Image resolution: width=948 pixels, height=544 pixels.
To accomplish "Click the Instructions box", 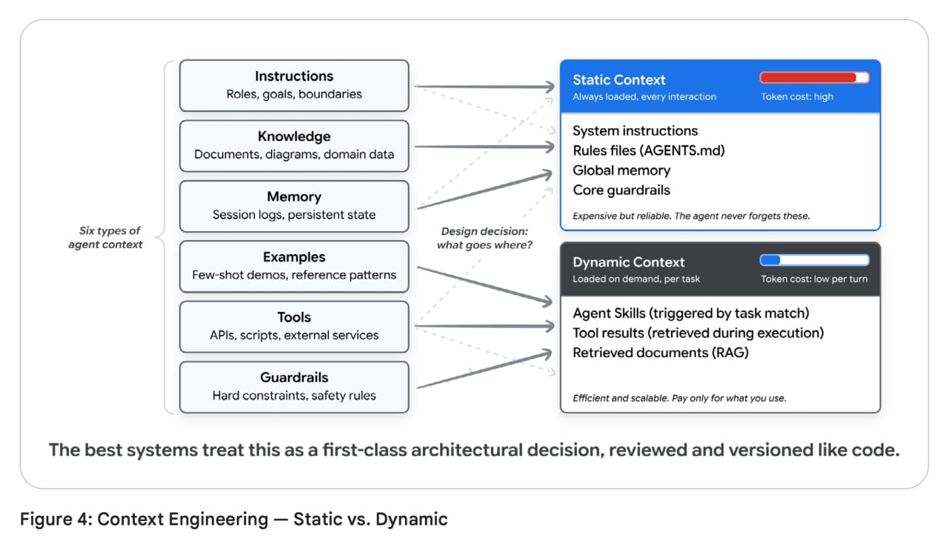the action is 294,85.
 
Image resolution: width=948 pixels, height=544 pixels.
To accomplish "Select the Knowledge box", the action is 294,146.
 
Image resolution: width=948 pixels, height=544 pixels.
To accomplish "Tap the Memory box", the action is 294,206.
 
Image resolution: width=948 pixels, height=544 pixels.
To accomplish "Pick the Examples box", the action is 294,267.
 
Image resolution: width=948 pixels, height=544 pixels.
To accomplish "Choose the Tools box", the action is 294,327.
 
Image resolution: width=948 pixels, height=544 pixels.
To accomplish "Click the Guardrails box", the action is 294,387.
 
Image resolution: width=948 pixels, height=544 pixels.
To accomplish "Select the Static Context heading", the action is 618,79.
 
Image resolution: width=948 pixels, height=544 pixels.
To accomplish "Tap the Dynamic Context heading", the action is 629,262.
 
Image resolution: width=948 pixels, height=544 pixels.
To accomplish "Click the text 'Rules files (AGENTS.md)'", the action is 649,150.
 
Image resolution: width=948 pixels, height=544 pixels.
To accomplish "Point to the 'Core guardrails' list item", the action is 621,190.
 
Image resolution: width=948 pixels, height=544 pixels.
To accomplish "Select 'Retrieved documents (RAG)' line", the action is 661,353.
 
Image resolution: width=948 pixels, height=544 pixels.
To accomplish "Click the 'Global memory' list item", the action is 621,170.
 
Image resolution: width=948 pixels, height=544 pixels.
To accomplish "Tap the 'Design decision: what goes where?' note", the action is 484,238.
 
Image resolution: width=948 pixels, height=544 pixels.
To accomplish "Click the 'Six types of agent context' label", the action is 106,238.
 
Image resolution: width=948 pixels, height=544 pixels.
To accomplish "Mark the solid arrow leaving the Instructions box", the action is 485,87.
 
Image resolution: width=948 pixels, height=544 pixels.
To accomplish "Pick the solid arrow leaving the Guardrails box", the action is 485,370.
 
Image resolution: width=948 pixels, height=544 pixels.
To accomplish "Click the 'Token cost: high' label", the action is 797,96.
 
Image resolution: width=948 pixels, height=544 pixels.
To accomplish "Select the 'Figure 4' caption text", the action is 233,519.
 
